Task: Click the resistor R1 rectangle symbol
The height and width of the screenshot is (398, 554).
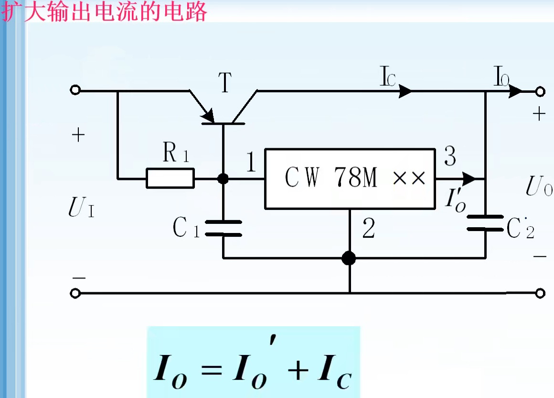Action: click(x=170, y=179)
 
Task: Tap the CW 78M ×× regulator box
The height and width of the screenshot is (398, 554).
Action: click(x=350, y=178)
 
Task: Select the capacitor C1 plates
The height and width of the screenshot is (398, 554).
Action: click(x=223, y=228)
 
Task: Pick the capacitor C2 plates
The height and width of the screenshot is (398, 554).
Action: click(x=485, y=223)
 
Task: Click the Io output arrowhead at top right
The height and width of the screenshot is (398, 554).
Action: click(x=516, y=90)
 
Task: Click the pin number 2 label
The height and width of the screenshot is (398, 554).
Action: click(x=368, y=229)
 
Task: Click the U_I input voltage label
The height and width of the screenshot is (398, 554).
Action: click(x=81, y=209)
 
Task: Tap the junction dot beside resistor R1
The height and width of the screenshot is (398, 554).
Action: click(x=223, y=179)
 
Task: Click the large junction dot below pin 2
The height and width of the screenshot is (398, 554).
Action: click(x=349, y=258)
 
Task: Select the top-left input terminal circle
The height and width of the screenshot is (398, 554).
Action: click(x=75, y=90)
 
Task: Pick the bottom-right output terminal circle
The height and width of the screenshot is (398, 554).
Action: click(x=540, y=293)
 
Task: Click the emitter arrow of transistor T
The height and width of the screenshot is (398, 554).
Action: click(x=207, y=115)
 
